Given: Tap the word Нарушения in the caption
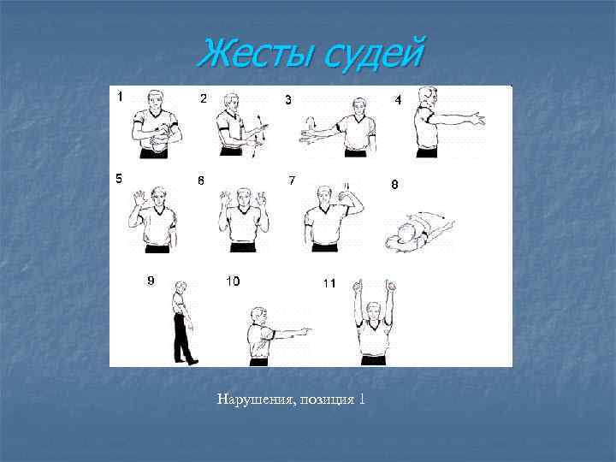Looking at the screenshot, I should pos(254,399).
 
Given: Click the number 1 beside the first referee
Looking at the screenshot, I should pos(120,97).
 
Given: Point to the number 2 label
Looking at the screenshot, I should pos(203,98).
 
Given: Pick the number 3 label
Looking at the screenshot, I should pos(287,100).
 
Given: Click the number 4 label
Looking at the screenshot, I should pos(398,100).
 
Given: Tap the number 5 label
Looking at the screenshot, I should pos(119,179).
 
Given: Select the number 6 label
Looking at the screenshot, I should pos(201,181).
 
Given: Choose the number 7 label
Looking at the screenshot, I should pos(292,181).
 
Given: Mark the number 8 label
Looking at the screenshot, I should pos(394,184).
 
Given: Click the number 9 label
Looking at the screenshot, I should pos(151,280).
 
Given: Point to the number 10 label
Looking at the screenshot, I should pos(233,281).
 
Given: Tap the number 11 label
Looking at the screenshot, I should pos(329,282).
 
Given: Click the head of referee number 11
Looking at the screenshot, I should pos(371,301).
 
